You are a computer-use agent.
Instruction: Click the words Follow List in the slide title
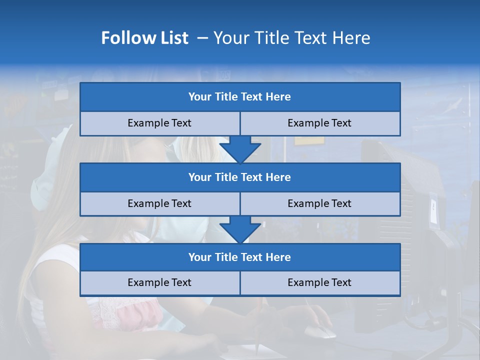point(144,38)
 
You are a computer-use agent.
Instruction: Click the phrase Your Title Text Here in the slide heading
point(292,38)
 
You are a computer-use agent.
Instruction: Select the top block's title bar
point(240,97)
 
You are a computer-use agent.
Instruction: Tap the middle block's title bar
point(240,177)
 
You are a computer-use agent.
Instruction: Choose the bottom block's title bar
point(240,257)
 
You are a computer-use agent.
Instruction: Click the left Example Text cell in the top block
point(159,123)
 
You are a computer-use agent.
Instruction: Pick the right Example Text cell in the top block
point(319,123)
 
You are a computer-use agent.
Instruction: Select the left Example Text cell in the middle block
point(159,203)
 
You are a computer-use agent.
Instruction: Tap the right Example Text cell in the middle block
point(319,203)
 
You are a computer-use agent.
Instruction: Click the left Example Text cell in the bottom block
point(159,282)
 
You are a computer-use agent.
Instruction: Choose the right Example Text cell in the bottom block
point(319,282)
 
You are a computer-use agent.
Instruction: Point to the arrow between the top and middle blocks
point(240,149)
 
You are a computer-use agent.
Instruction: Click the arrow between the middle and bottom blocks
point(240,229)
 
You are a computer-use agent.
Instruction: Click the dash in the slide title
point(202,38)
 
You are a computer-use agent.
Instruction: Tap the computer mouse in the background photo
point(320,331)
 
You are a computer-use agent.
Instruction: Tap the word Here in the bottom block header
point(278,257)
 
